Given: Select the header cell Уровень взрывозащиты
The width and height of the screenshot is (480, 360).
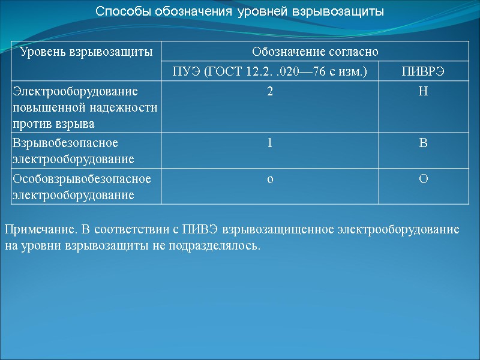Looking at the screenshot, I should click(x=86, y=52).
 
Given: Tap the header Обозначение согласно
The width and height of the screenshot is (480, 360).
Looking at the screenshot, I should click(x=315, y=52).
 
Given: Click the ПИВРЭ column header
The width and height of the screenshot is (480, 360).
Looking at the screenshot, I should click(x=423, y=72).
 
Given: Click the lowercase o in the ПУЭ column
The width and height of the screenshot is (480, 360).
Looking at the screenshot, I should click(x=270, y=179).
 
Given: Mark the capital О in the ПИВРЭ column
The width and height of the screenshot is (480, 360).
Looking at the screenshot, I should click(x=423, y=179).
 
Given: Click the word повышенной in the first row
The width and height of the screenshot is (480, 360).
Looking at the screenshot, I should click(x=46, y=107).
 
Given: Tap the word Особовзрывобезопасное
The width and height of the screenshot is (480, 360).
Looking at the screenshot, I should click(x=82, y=179).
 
